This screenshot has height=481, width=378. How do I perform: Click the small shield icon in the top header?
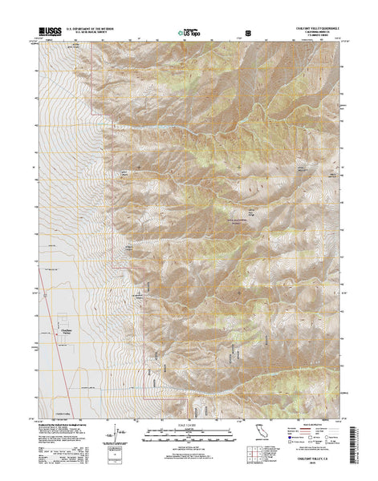coord(247,33)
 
